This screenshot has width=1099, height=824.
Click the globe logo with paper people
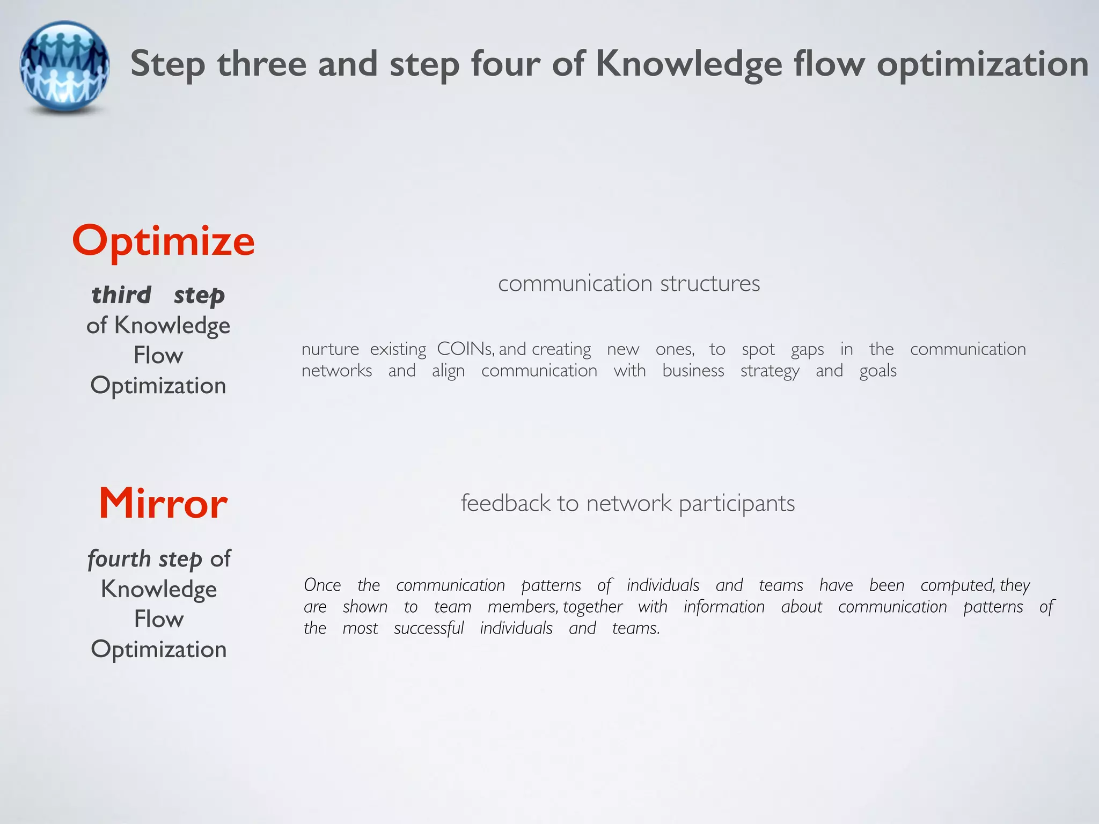coord(65,67)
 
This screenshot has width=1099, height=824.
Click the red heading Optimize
coord(163,241)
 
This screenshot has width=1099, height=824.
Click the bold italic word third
coord(121,295)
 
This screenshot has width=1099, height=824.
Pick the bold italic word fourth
coord(119,559)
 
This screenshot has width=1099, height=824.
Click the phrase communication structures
coord(629,283)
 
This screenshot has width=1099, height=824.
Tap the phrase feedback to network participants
coord(628,503)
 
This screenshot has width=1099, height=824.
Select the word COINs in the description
coord(465,349)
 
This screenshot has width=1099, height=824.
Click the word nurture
coord(330,349)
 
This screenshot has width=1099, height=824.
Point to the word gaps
coord(807,350)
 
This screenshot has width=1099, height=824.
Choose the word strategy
coord(770,371)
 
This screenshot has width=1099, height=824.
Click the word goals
coord(877,371)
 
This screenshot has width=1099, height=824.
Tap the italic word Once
coord(322,585)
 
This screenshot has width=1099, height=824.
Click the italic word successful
coord(428,628)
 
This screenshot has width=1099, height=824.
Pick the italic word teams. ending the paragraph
coord(635,628)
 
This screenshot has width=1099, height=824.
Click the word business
coord(693,371)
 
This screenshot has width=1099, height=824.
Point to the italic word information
coord(723,607)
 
